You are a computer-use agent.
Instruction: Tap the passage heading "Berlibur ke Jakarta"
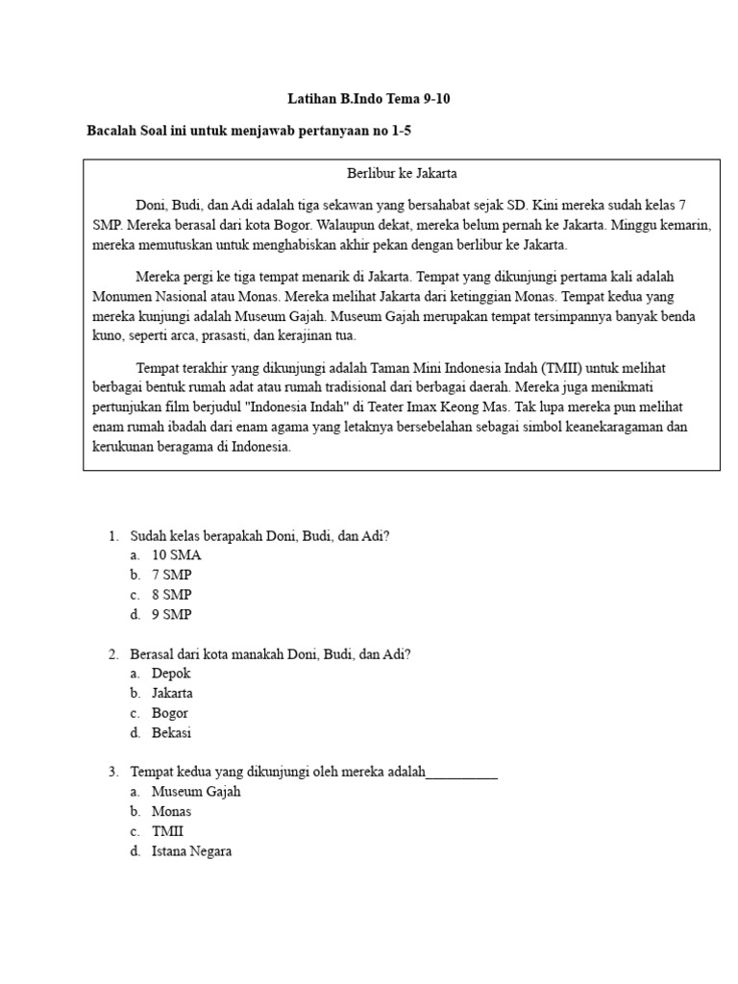(x=402, y=174)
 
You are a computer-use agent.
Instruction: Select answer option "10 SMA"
(x=177, y=555)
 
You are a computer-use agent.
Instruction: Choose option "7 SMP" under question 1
(x=172, y=575)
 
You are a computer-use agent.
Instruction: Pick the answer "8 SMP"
(x=172, y=595)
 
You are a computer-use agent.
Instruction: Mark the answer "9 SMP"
(x=172, y=614)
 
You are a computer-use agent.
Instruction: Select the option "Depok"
(x=171, y=674)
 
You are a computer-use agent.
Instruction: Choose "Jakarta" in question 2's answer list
(x=172, y=693)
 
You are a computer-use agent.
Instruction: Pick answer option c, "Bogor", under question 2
(x=170, y=713)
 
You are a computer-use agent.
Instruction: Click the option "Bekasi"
(x=172, y=732)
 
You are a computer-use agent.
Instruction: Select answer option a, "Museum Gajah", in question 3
(x=196, y=792)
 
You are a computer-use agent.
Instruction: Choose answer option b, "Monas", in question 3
(x=171, y=812)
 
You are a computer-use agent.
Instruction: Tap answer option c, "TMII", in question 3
(x=167, y=831)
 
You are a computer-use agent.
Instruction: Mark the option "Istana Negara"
(x=191, y=851)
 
